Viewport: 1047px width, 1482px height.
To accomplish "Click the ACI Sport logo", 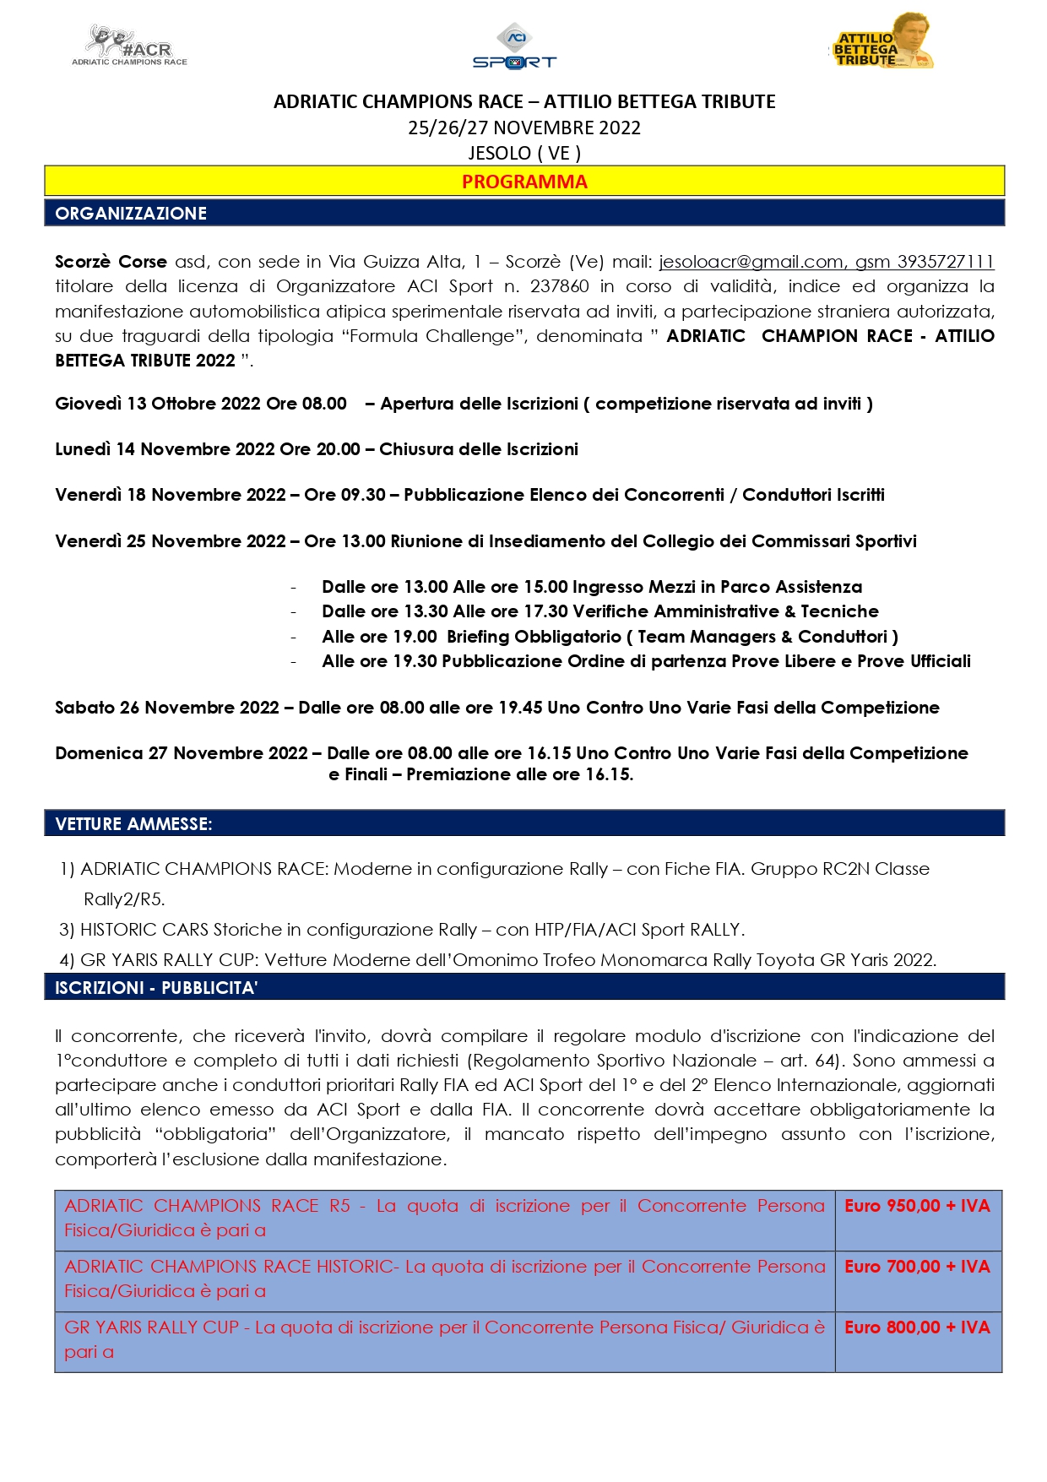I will click(x=514, y=47).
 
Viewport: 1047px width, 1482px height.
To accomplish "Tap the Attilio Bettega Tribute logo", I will click(x=882, y=42).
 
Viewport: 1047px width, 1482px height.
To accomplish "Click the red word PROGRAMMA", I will click(x=524, y=182).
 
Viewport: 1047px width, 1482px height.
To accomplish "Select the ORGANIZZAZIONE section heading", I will click(x=131, y=213).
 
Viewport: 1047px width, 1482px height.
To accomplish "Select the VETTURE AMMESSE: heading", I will click(x=133, y=823).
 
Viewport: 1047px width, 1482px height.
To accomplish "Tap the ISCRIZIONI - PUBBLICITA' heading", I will click(x=156, y=987).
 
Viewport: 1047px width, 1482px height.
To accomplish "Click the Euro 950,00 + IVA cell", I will click(x=917, y=1206).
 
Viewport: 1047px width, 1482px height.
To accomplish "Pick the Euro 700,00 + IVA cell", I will click(x=917, y=1267).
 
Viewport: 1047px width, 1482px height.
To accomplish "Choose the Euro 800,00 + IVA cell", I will click(x=917, y=1327).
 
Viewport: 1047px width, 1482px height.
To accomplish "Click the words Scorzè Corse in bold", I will click(x=111, y=262).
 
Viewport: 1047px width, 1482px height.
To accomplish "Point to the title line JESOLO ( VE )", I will click(x=524, y=153).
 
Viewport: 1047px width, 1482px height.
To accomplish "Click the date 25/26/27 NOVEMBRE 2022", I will click(x=524, y=128).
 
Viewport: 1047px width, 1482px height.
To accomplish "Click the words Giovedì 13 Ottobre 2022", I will click(x=158, y=404).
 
